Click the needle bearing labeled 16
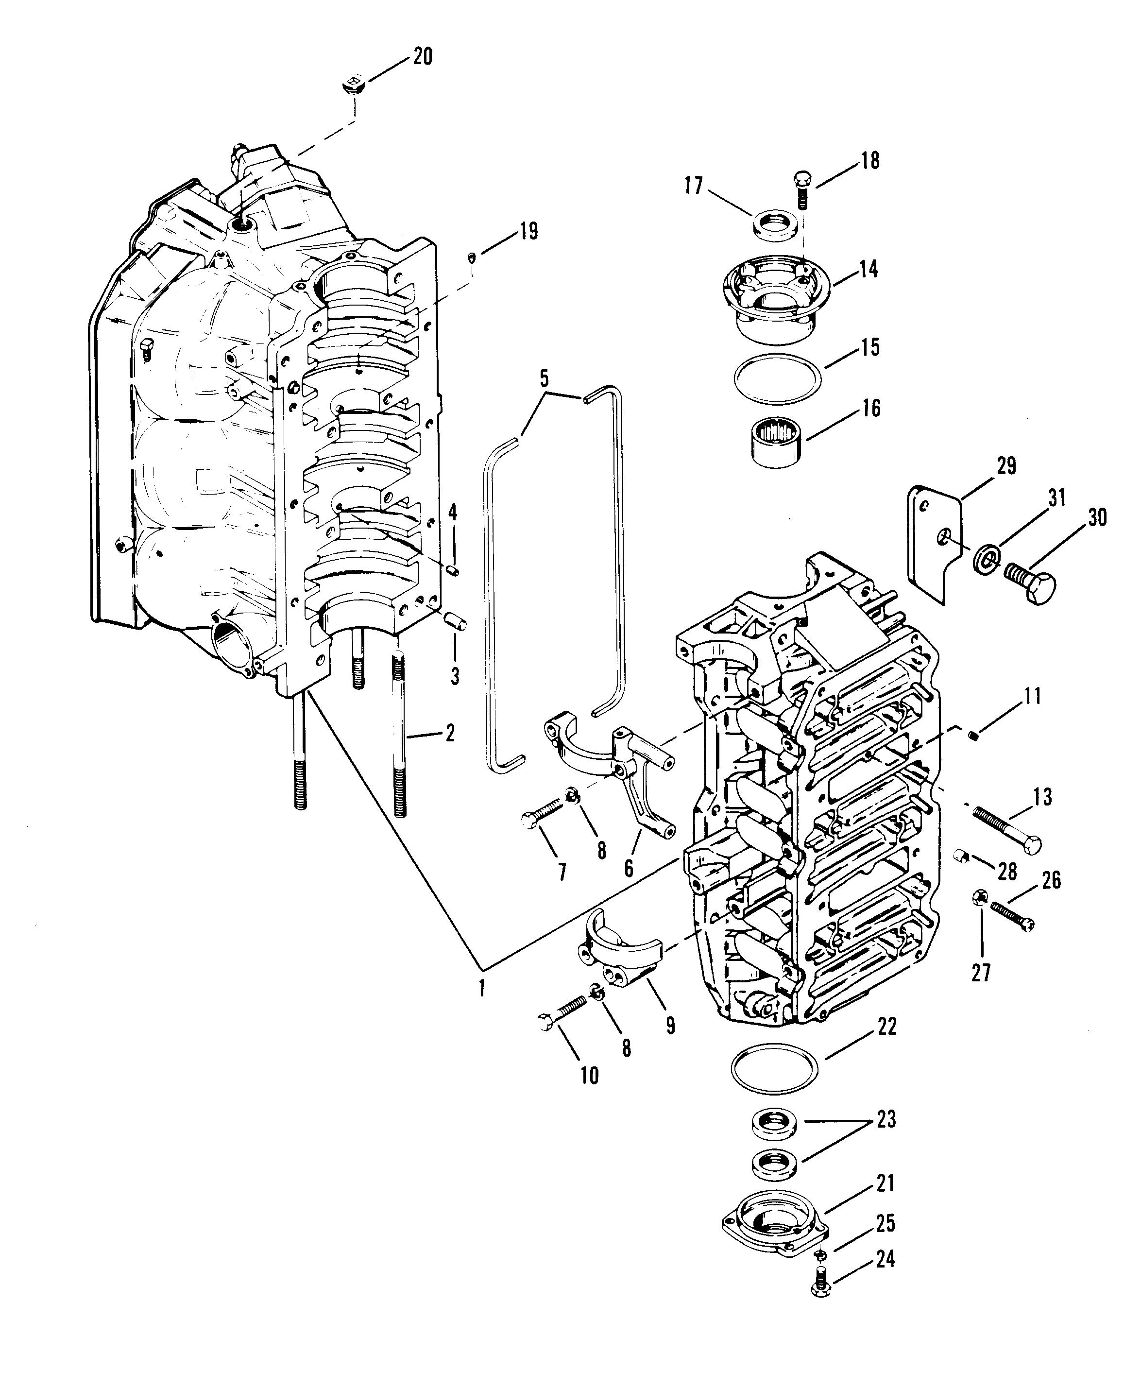(778, 445)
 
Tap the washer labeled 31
(985, 558)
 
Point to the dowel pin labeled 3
(455, 621)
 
